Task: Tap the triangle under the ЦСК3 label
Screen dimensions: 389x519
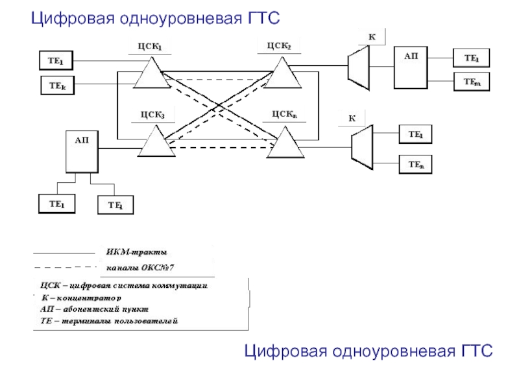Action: click(x=156, y=143)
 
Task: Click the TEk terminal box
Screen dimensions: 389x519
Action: click(x=58, y=84)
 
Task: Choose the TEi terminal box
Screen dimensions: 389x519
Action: click(x=115, y=205)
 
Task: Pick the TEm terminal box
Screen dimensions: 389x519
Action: click(x=472, y=82)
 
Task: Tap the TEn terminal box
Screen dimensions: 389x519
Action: click(x=416, y=165)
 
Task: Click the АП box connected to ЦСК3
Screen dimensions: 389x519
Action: click(x=82, y=152)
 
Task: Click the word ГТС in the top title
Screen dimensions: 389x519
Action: click(x=263, y=19)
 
